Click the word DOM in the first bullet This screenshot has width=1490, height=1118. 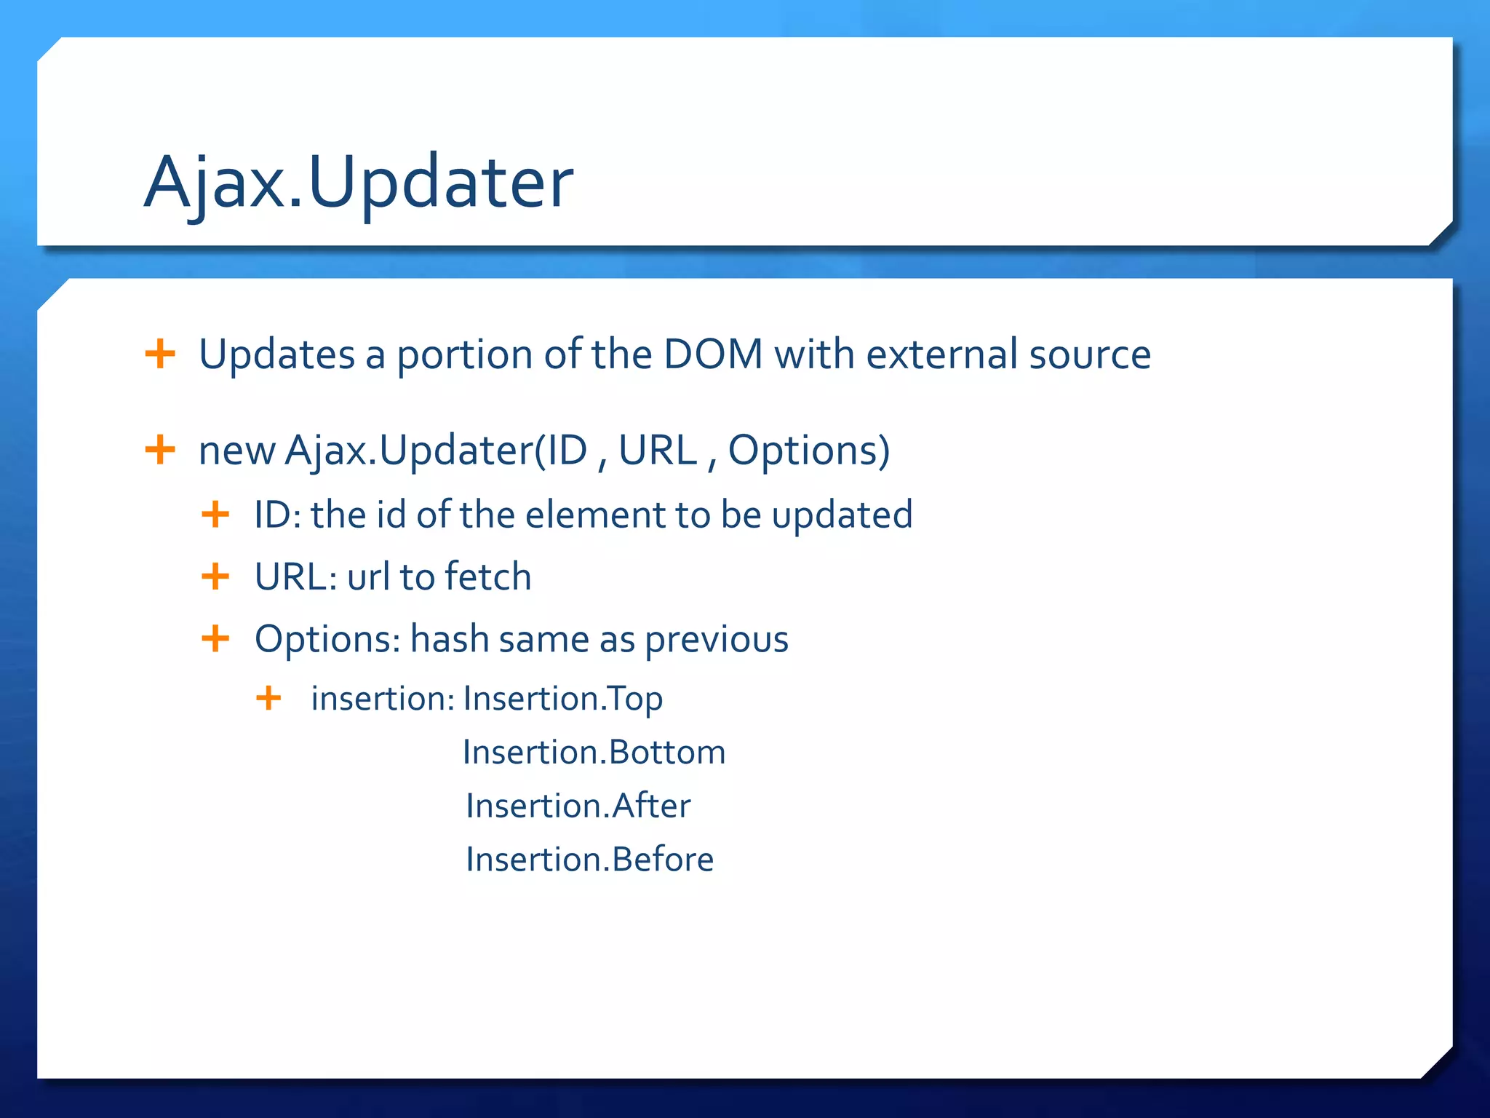click(713, 354)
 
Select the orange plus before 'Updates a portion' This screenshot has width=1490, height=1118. click(160, 354)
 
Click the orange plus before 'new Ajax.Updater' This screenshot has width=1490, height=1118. click(160, 450)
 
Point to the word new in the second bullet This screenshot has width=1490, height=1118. click(236, 451)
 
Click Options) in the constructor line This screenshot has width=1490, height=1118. click(809, 451)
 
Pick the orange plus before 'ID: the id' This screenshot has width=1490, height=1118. click(215, 515)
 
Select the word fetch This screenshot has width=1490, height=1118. click(488, 576)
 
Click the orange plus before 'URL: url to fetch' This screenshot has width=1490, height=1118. click(215, 576)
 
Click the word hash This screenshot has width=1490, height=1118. click(449, 639)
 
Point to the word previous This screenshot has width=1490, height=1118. click(717, 641)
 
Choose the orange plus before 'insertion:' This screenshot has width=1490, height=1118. click(268, 698)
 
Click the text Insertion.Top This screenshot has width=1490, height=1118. click(562, 699)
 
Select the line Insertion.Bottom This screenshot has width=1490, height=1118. click(594, 752)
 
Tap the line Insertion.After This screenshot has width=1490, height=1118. click(578, 806)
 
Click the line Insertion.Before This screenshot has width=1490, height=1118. click(589, 860)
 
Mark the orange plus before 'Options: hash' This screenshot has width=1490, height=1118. click(215, 639)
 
